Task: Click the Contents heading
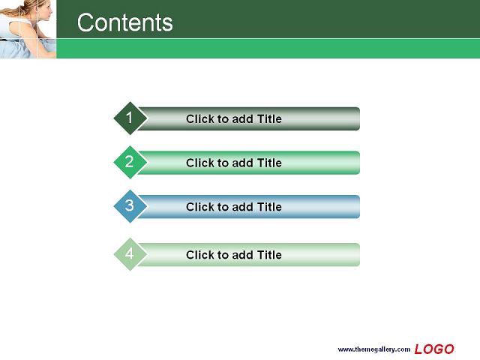(x=125, y=22)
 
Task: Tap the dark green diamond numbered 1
(x=130, y=118)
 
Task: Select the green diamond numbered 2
(x=130, y=162)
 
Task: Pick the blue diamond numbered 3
(x=130, y=206)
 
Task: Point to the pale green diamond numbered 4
(x=130, y=254)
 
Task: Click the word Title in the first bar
(x=269, y=118)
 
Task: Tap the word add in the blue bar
(x=243, y=207)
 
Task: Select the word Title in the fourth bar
(x=269, y=255)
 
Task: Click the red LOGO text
(x=434, y=349)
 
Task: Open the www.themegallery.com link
(x=374, y=349)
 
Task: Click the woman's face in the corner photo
(x=44, y=12)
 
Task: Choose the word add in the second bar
(x=243, y=163)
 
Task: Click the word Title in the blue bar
(x=269, y=207)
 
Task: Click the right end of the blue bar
(x=360, y=207)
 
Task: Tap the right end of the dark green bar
(x=360, y=118)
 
